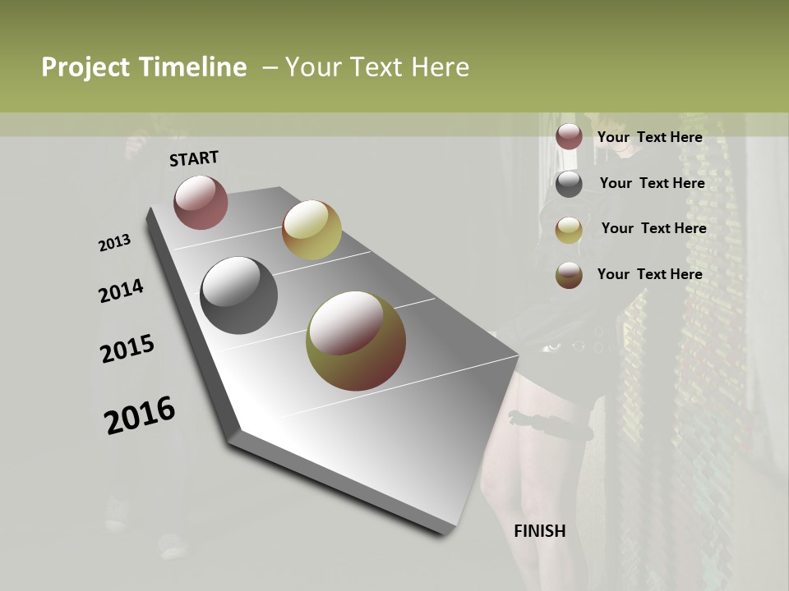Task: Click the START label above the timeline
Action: [x=194, y=158]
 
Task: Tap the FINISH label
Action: [x=539, y=531]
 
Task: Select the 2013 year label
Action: [x=114, y=243]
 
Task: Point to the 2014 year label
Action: [x=121, y=291]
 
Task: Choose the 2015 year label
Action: [x=127, y=349]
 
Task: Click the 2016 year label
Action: [x=140, y=415]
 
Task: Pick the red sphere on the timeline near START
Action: [x=201, y=202]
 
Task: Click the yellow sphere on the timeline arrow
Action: [x=311, y=230]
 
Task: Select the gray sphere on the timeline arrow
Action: [x=238, y=295]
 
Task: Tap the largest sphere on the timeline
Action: [x=356, y=341]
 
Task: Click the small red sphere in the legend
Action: [x=569, y=136]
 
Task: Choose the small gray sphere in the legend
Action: [x=569, y=183]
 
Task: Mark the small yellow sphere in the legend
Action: [x=569, y=230]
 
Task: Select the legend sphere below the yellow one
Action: [x=569, y=275]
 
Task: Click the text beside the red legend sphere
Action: [x=649, y=137]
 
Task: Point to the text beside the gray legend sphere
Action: [x=652, y=183]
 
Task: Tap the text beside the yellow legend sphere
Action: [x=653, y=228]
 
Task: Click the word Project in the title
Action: [x=85, y=67]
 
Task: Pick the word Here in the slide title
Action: [x=441, y=67]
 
